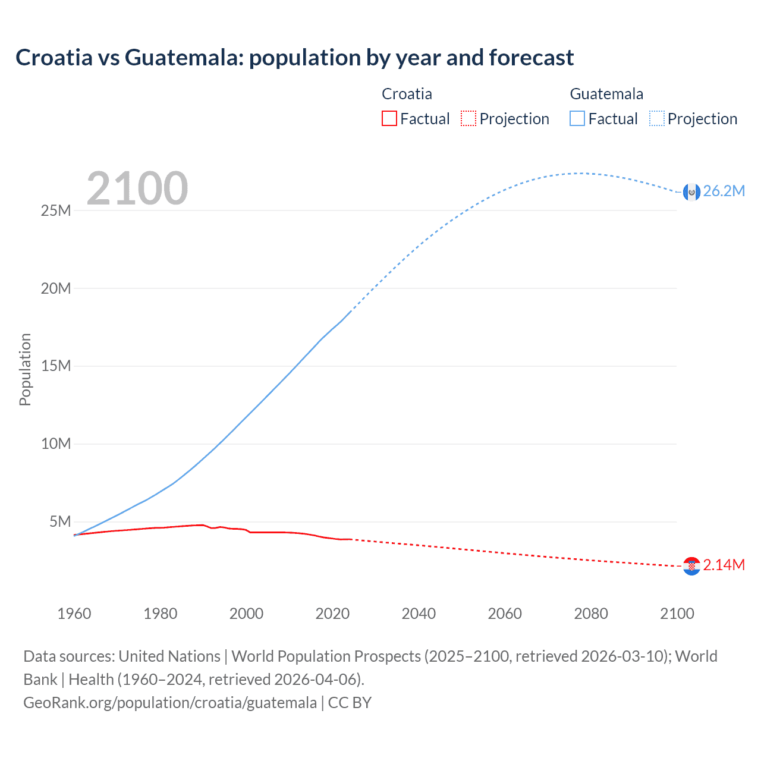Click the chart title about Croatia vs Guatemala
[x=294, y=58]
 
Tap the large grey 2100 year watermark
[x=137, y=188]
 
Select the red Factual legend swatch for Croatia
[x=389, y=118]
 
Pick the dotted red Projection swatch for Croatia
[x=468, y=118]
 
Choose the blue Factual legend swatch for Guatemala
[x=577, y=118]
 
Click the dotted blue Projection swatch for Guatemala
[x=657, y=118]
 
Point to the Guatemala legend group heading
[x=606, y=94]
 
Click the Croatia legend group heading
[x=407, y=94]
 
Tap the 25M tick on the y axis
[x=56, y=210]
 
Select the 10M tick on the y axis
[x=56, y=444]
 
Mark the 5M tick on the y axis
[x=60, y=521]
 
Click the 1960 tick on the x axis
[x=74, y=614]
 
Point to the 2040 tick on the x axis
[x=419, y=614]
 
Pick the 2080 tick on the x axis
[x=591, y=614]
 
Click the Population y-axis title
[x=25, y=369]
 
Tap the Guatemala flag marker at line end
[x=691, y=192]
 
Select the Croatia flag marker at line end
[x=691, y=566]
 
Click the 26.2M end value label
[x=724, y=191]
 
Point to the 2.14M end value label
[x=724, y=565]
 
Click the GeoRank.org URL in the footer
[x=170, y=703]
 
